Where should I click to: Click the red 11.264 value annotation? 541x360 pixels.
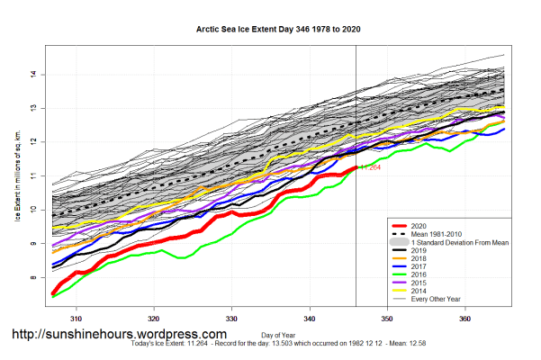pyautogui.click(x=371, y=167)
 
